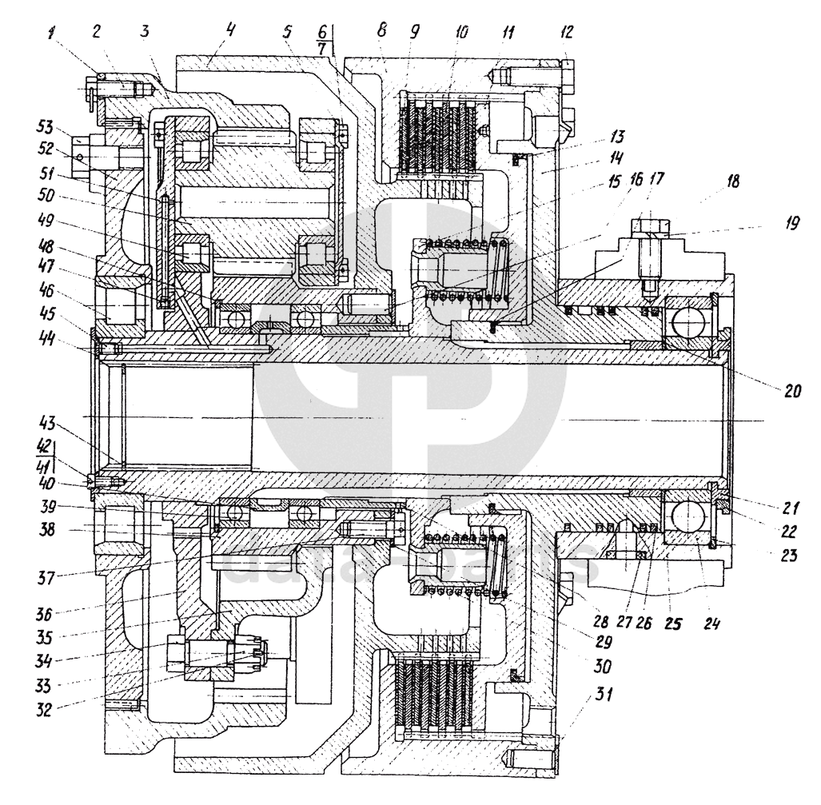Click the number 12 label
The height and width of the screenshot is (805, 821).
click(x=567, y=33)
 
